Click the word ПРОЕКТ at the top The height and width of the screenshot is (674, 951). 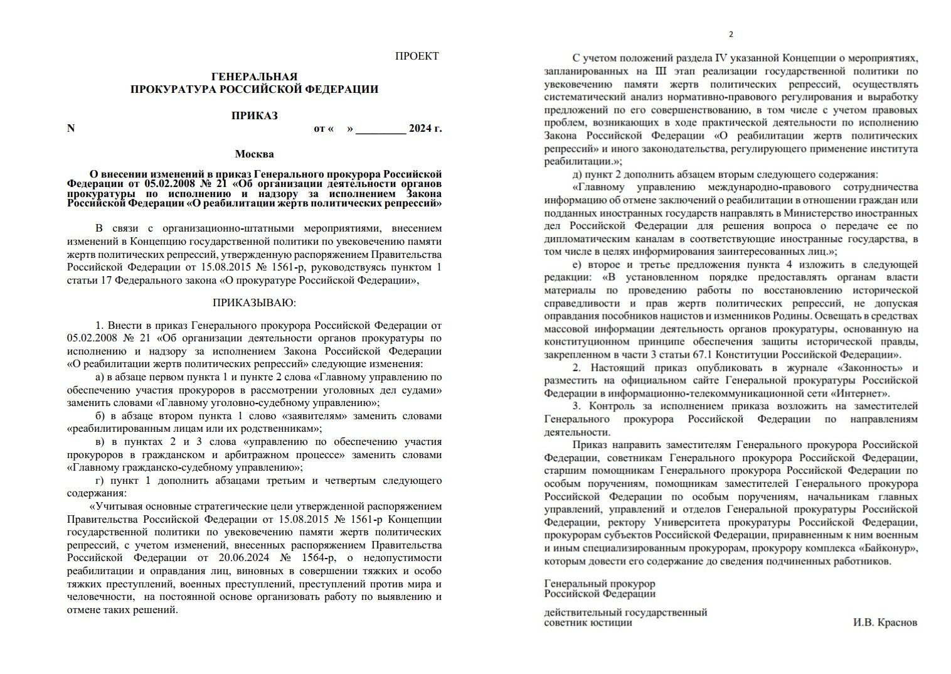tap(417, 56)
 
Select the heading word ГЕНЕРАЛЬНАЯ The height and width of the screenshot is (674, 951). tap(254, 77)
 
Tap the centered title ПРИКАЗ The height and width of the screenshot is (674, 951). tap(254, 115)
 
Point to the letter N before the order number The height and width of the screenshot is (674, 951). tap(71, 129)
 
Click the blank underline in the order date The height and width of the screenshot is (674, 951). tap(381, 129)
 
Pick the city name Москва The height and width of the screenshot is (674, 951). tap(254, 154)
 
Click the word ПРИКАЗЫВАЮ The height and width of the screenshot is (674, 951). tap(254, 303)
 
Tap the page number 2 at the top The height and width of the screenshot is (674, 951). tap(731, 35)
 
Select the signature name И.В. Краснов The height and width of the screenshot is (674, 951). tap(885, 623)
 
